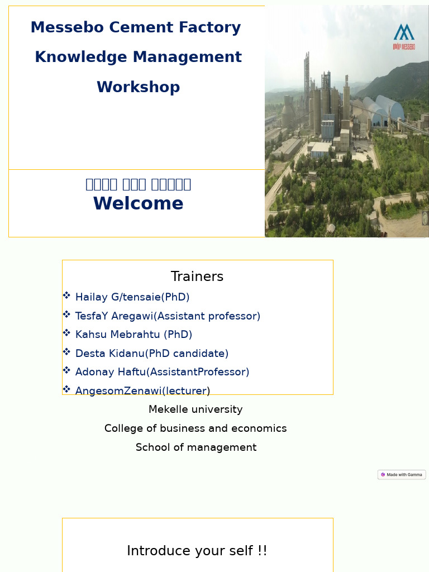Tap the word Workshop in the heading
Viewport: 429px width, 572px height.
click(138, 87)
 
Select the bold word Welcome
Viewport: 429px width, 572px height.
click(138, 204)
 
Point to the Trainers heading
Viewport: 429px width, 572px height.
click(197, 277)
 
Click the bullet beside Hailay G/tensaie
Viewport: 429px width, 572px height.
click(66, 295)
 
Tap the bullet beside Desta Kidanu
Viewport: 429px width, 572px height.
click(66, 352)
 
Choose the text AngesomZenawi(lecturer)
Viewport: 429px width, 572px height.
click(142, 390)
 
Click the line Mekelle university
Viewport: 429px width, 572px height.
click(196, 409)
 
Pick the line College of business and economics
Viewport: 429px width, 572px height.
click(196, 428)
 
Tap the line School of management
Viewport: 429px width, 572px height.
click(196, 447)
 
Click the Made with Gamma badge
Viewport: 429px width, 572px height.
click(402, 475)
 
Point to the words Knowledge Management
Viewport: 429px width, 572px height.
click(138, 57)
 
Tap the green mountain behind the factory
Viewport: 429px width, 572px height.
click(399, 81)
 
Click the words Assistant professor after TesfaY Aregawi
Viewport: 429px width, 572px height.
click(207, 316)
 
